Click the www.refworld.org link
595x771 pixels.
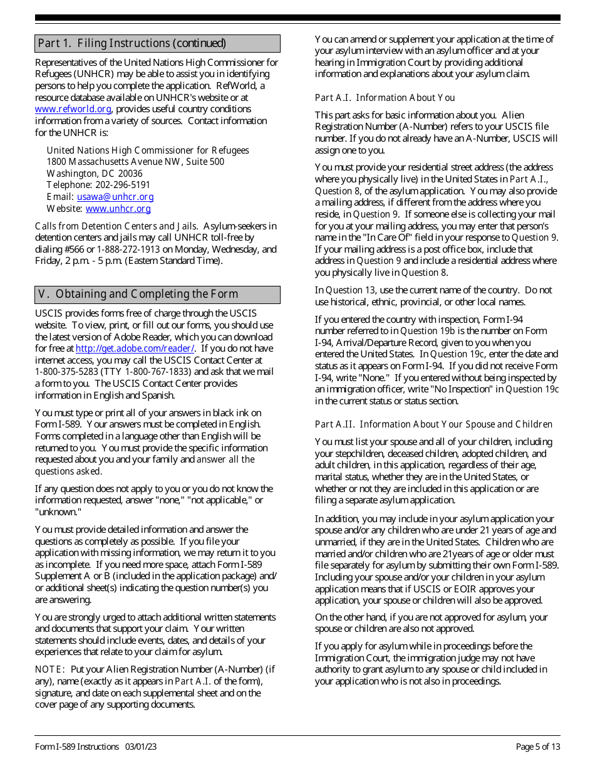(73, 109)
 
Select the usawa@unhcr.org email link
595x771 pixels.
(115, 197)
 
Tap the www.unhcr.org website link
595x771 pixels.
(118, 209)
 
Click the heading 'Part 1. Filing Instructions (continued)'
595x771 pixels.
(132, 43)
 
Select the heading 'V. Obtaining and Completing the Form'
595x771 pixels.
(138, 294)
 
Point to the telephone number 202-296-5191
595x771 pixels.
(122, 185)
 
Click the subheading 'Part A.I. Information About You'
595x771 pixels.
(385, 98)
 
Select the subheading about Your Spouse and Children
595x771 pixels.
(433, 424)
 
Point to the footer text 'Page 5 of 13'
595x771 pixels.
(537, 747)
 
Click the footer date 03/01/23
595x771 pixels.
(141, 747)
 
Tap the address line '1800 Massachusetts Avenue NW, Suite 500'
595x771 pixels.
(135, 162)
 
